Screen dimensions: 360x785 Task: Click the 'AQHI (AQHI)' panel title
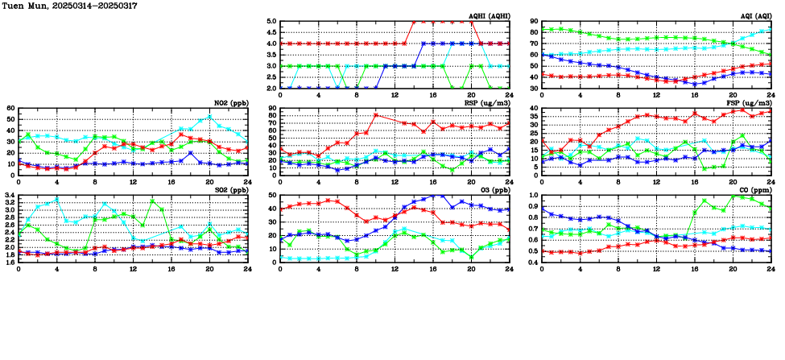coord(489,16)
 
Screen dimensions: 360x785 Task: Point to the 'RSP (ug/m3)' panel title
coord(490,103)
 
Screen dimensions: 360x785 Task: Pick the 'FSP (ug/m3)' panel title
coord(752,103)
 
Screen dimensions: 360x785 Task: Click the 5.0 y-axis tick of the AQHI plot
coord(271,22)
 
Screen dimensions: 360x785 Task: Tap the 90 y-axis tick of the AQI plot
coord(535,22)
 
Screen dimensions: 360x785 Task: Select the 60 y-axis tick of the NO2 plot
coord(10,108)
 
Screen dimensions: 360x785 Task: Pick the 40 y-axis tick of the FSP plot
coord(535,108)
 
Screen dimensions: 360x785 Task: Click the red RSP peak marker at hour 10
coord(376,114)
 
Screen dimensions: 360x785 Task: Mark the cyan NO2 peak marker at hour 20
coord(210,117)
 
